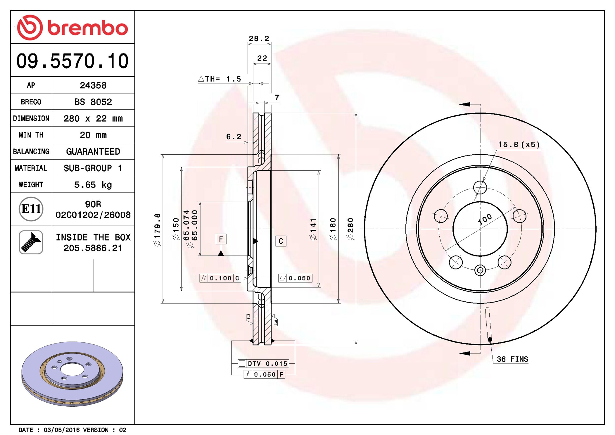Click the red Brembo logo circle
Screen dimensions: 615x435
[30, 27]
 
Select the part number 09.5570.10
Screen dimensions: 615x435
[72, 61]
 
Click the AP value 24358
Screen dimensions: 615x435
[93, 85]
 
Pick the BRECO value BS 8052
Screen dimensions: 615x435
[93, 102]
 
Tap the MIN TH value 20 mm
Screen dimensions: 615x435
[93, 135]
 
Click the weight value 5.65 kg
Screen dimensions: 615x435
[93, 185]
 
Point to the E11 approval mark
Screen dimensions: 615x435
[31, 209]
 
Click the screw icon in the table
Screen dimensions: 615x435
[31, 242]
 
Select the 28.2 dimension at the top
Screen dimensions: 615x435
[259, 38]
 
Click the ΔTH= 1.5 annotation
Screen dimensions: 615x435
[220, 79]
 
